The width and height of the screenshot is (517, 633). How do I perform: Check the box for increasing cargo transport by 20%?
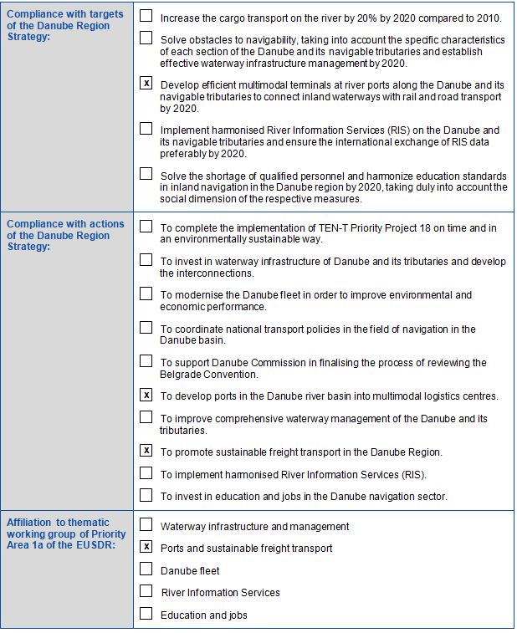[x=146, y=16]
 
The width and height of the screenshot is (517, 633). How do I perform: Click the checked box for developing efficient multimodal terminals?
[x=146, y=83]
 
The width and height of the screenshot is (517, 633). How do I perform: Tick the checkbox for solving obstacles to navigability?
[x=146, y=38]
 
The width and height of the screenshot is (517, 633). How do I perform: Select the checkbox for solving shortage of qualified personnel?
[x=146, y=174]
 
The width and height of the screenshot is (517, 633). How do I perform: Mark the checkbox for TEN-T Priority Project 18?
[x=146, y=226]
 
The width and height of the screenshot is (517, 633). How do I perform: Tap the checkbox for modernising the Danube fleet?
[x=146, y=294]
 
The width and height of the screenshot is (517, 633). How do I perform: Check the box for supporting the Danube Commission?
[x=146, y=361]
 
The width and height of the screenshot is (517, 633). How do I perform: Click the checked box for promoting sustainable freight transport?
[x=146, y=451]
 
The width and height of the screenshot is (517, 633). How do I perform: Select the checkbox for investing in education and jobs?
[x=146, y=495]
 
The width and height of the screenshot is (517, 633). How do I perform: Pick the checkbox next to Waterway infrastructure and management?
[x=146, y=525]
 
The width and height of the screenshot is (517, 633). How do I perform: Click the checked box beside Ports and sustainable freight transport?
[x=146, y=547]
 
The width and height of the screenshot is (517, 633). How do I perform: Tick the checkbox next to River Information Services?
[x=146, y=591]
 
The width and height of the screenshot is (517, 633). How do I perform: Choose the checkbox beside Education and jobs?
[x=146, y=614]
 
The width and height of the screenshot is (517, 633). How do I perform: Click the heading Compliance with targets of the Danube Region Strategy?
[x=65, y=26]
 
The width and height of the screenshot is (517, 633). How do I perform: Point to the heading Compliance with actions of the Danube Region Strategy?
[x=65, y=236]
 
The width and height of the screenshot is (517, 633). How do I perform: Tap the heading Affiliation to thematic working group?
[x=66, y=533]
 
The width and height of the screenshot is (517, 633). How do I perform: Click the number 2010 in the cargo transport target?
[x=487, y=18]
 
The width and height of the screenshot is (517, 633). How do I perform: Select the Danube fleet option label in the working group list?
[x=190, y=570]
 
